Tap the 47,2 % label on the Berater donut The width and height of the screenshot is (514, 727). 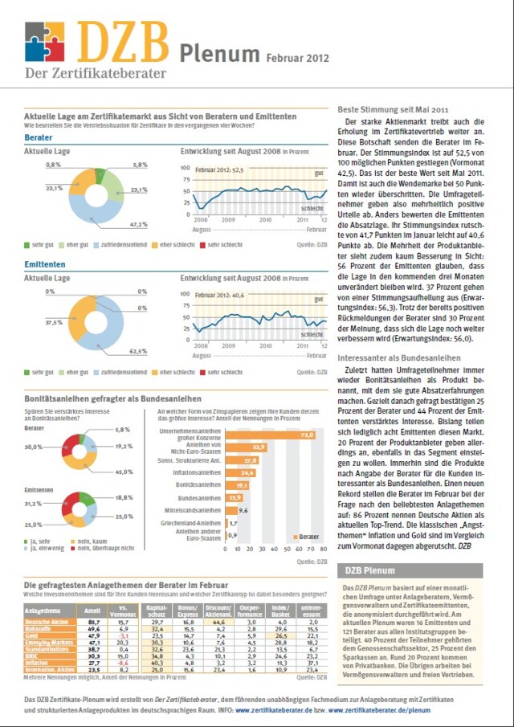click(137, 223)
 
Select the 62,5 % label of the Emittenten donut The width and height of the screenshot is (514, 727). click(137, 351)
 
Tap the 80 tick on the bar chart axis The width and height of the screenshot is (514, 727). click(323, 549)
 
